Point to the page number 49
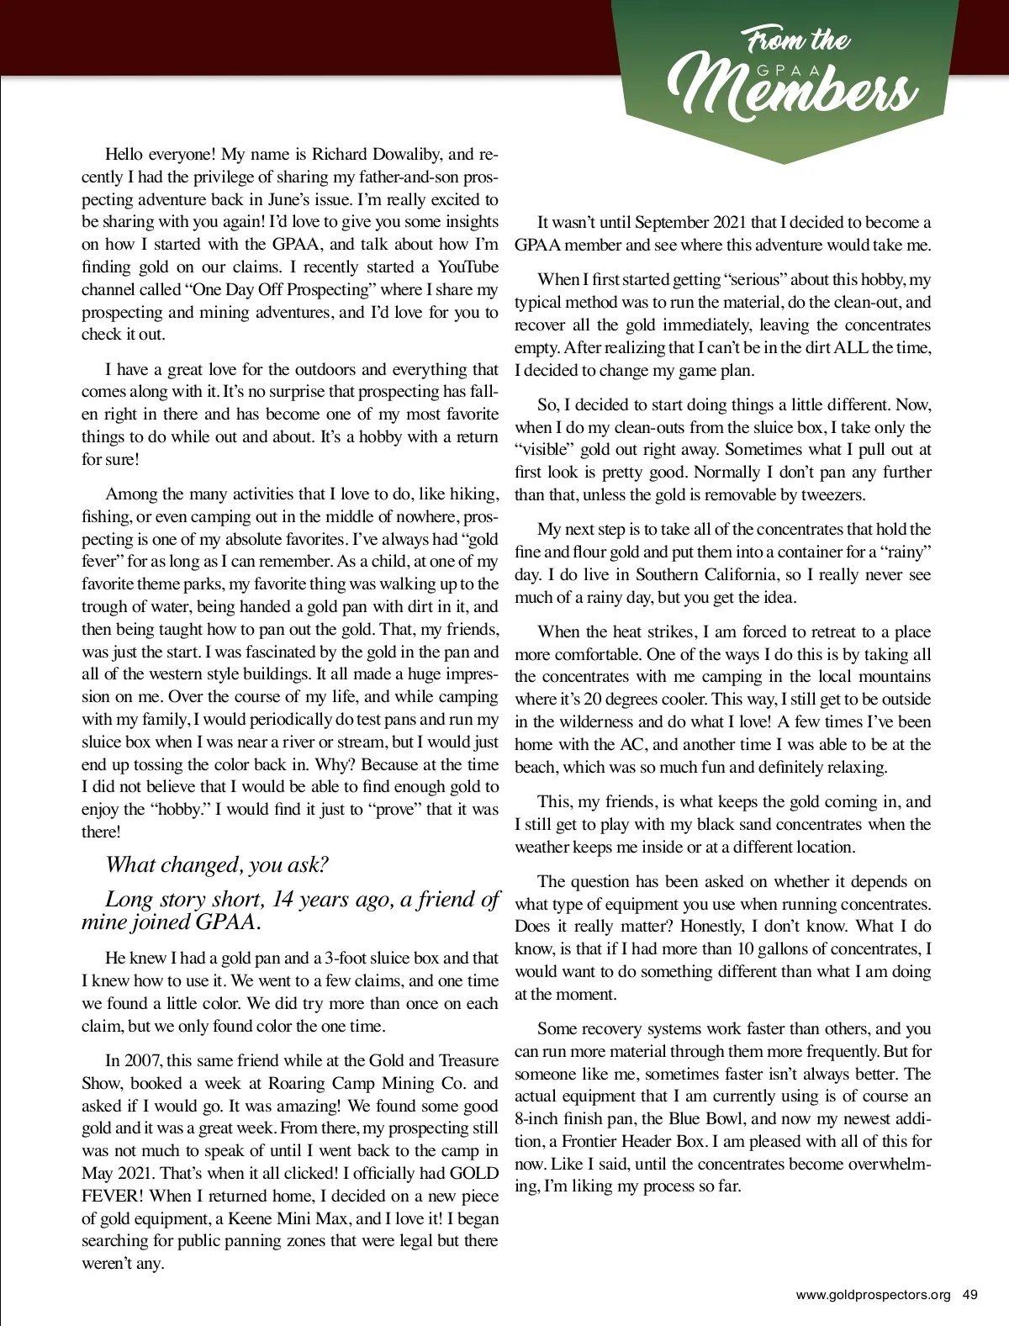point(969,1295)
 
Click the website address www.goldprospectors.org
point(873,1295)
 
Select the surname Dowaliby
point(400,154)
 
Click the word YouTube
point(468,267)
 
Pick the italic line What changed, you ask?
point(217,864)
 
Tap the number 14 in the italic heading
point(283,899)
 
